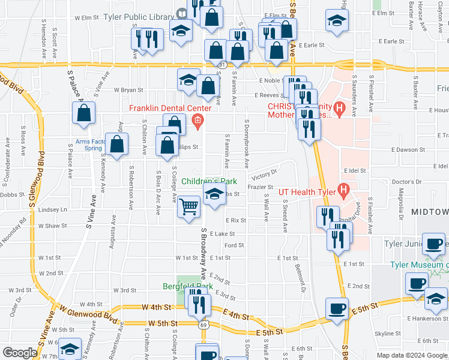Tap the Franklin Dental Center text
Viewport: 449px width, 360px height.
[x=171, y=109]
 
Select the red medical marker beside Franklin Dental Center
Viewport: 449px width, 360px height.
[x=196, y=123]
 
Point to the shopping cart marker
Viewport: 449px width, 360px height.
[x=190, y=207]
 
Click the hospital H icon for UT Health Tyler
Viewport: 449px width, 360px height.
[x=344, y=191]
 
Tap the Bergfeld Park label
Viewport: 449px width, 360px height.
[x=187, y=286]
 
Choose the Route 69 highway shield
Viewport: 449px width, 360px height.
[x=203, y=325]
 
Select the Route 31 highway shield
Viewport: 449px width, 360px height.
[x=222, y=64]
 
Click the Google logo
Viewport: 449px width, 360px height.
[x=20, y=353]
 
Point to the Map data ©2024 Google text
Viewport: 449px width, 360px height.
[x=412, y=355]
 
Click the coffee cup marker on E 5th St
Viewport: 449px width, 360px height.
[x=336, y=308]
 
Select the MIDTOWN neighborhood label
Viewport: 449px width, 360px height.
[x=430, y=212]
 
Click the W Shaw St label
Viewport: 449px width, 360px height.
[x=52, y=226]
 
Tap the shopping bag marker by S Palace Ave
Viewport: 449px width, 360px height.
[x=84, y=112]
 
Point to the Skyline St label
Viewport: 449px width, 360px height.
[x=387, y=333]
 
